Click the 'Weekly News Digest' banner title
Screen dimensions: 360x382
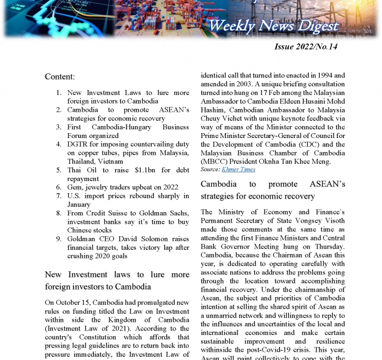tap(273, 26)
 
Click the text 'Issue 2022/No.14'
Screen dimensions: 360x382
tap(306, 47)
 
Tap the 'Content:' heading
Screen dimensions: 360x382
tap(59, 77)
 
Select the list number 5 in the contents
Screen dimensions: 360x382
tap(58, 170)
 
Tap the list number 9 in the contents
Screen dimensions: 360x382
tap(58, 239)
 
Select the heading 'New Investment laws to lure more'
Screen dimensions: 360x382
tap(117, 274)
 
